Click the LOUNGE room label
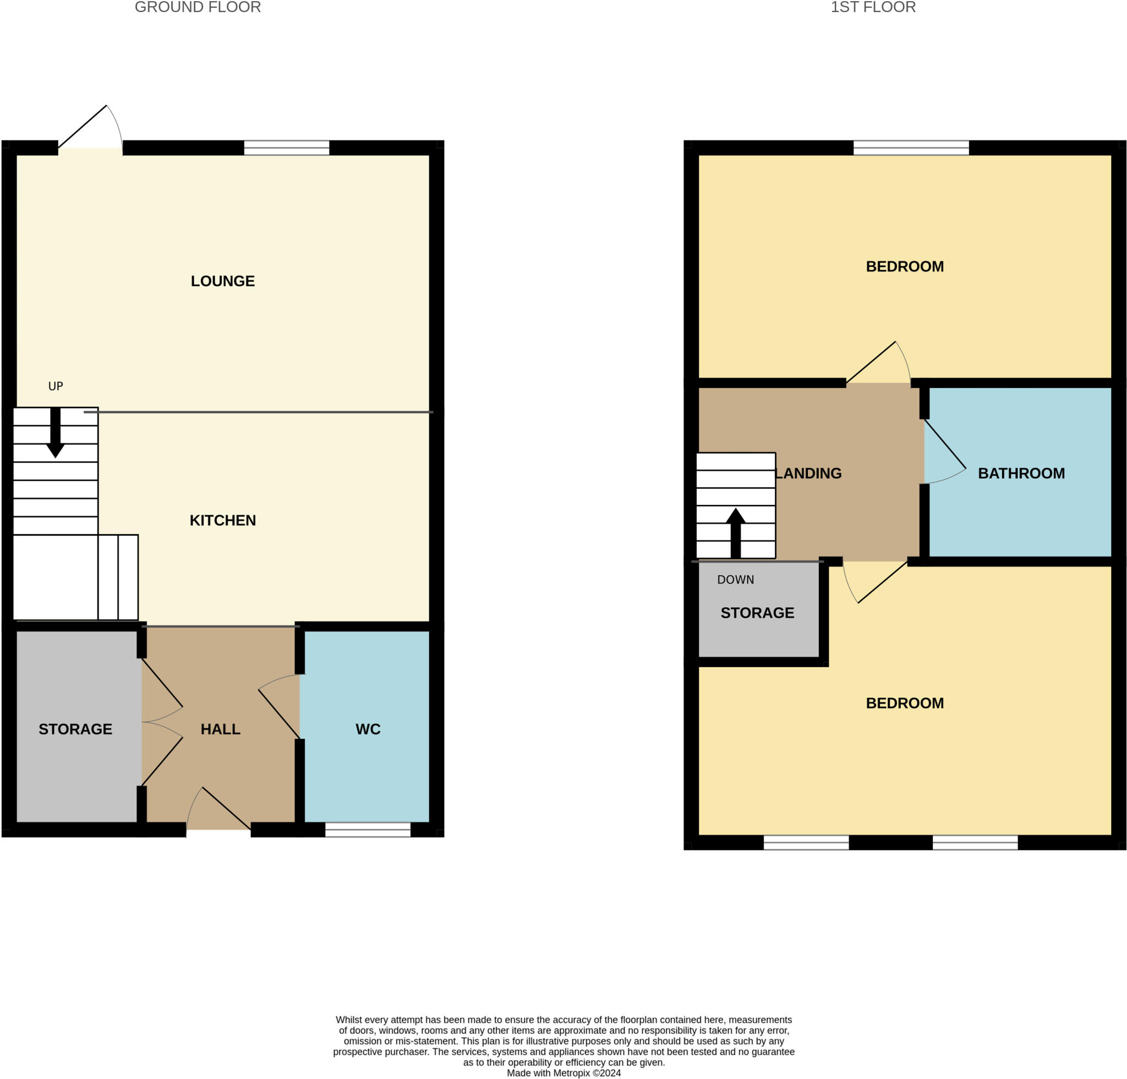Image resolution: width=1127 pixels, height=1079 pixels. tap(222, 281)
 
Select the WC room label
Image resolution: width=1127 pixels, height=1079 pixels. tap(368, 729)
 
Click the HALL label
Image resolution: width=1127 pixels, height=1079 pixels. tap(220, 729)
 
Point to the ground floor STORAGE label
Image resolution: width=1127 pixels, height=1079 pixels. tap(75, 729)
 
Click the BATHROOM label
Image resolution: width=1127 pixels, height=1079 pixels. tap(1021, 473)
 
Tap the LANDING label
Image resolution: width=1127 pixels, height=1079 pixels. tap(808, 473)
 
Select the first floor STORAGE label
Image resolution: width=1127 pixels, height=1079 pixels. tap(757, 613)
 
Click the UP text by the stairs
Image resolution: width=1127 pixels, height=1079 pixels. tap(56, 386)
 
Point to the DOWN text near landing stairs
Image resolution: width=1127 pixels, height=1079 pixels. tap(735, 579)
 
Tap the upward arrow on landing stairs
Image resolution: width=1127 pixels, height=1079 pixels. tap(735, 532)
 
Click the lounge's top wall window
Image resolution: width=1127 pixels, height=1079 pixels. tap(286, 148)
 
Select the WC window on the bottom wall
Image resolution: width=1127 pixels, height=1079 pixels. tap(368, 830)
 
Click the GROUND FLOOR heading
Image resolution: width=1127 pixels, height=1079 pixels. tap(198, 7)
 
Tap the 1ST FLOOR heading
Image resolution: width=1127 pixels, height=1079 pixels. tap(873, 7)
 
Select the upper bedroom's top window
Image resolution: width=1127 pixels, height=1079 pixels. tap(911, 148)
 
